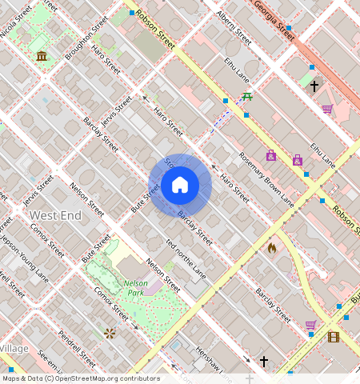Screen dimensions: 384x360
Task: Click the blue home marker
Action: tap(180, 186)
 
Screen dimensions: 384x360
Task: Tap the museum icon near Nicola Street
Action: tap(41, 55)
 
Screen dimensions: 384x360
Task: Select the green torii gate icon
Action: tap(248, 97)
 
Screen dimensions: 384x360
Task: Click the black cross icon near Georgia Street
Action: tap(314, 86)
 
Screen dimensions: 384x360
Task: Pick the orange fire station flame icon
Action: tap(272, 248)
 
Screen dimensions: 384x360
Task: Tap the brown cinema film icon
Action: tap(333, 337)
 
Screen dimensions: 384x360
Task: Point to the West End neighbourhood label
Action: tap(54, 216)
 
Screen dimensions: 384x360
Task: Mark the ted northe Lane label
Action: tap(185, 258)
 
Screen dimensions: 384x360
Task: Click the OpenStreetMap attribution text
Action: tap(81, 378)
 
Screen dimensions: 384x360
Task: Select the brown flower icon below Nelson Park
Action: tap(110, 333)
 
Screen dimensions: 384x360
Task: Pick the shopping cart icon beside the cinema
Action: tap(310, 325)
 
